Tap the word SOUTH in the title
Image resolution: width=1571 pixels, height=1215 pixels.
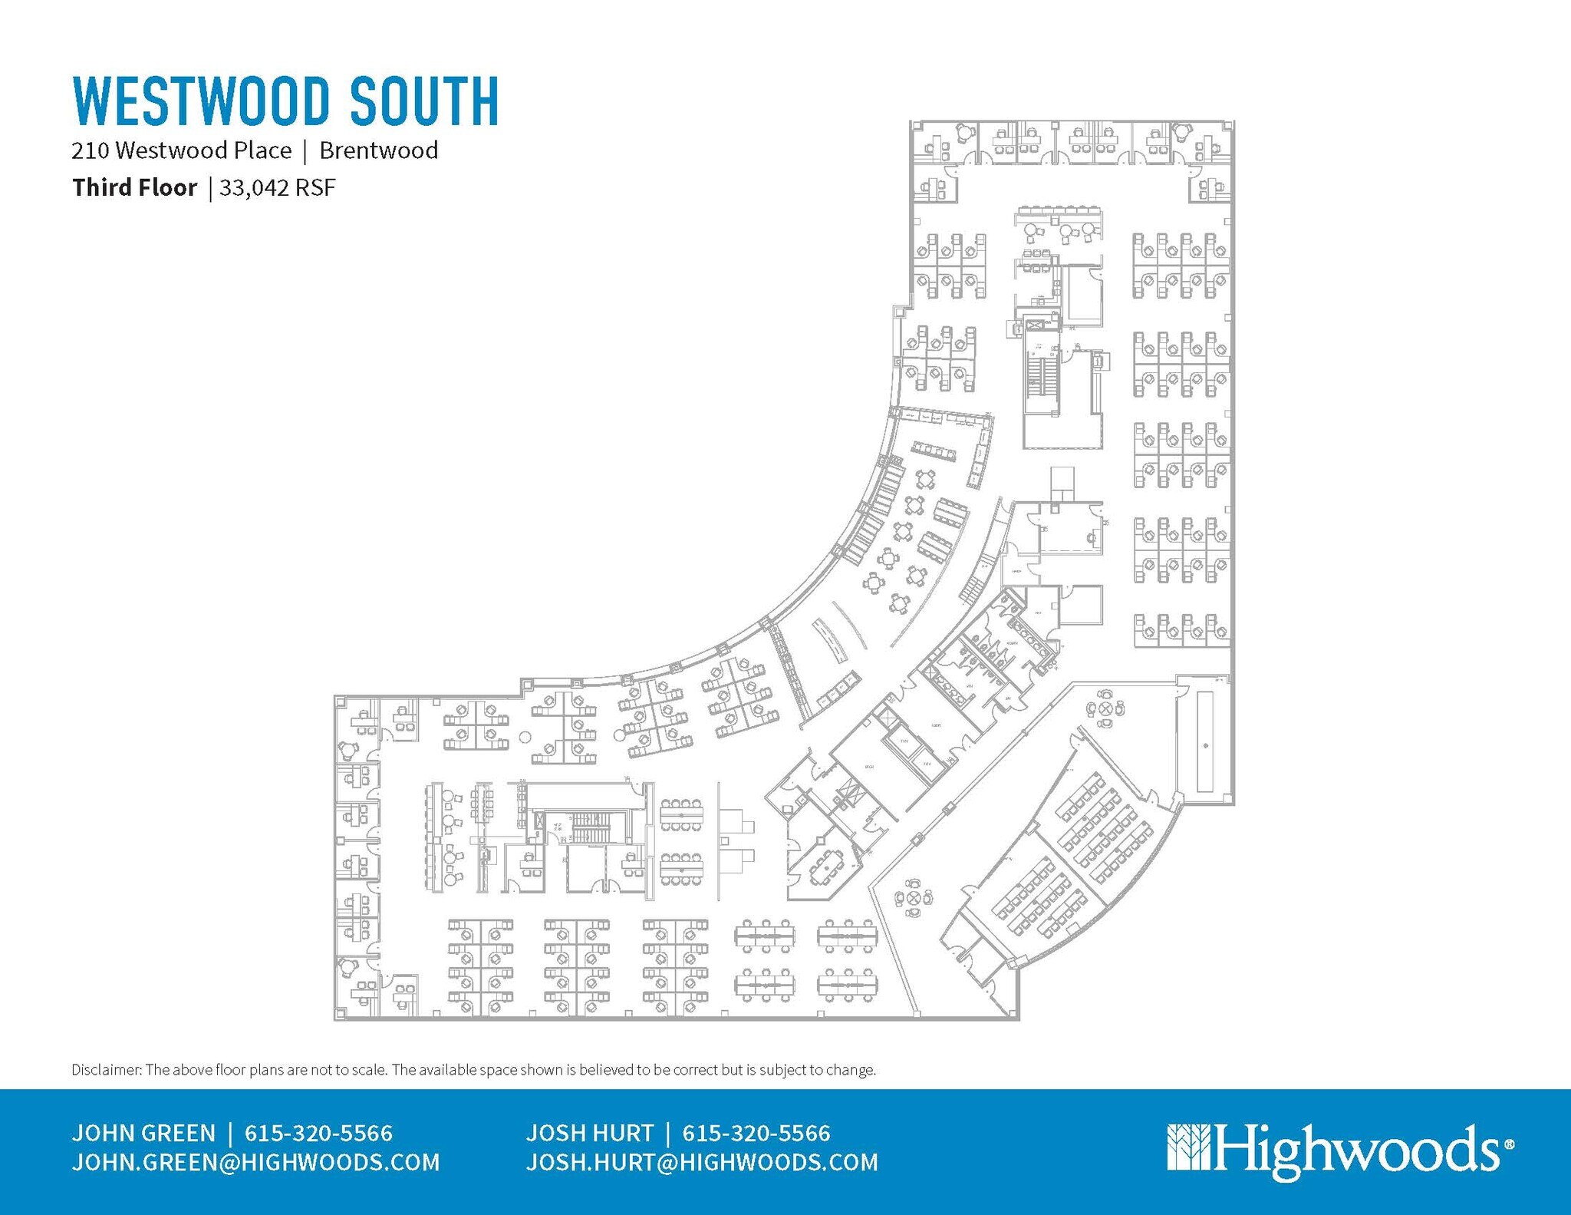pyautogui.click(x=425, y=101)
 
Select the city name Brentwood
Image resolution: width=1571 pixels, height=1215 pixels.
pyautogui.click(x=378, y=150)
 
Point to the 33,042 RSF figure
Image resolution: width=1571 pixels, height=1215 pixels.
pyautogui.click(x=278, y=188)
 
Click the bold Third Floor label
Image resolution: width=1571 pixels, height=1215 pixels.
pyautogui.click(x=134, y=188)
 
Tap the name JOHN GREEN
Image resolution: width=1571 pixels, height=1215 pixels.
pyautogui.click(x=143, y=1134)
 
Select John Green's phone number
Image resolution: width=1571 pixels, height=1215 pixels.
pyautogui.click(x=318, y=1134)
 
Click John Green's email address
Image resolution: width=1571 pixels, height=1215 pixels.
pyautogui.click(x=255, y=1163)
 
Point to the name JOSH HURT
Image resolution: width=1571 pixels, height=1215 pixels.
pyautogui.click(x=589, y=1134)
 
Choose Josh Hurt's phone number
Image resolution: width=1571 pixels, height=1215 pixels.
pyautogui.click(x=756, y=1134)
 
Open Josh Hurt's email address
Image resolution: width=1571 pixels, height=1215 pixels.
pyautogui.click(x=702, y=1163)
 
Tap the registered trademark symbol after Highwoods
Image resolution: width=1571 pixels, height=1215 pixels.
pyautogui.click(x=1510, y=1144)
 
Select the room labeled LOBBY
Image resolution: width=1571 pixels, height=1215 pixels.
pyautogui.click(x=936, y=725)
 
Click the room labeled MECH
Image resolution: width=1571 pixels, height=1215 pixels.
pyautogui.click(x=869, y=767)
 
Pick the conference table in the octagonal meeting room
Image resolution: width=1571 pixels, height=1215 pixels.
pyautogui.click(x=827, y=863)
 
